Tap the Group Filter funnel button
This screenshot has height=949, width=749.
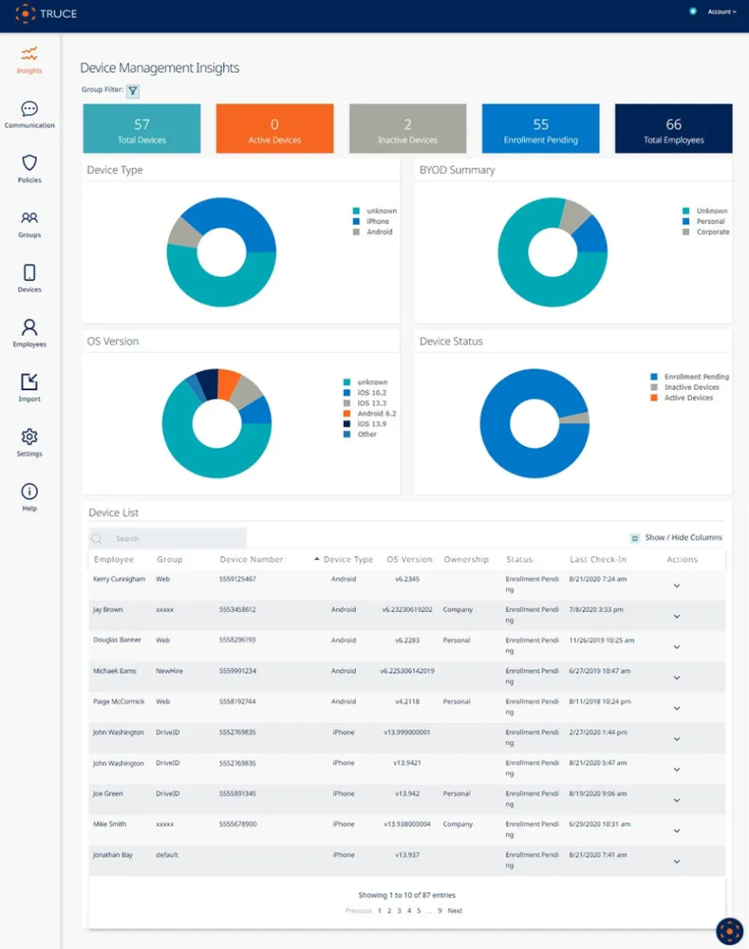[x=133, y=91]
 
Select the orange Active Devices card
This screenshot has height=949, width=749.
[x=274, y=129]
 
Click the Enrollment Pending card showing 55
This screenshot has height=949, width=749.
[x=540, y=129]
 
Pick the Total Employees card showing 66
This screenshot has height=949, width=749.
[x=673, y=129]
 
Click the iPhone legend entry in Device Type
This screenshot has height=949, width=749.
[x=378, y=221]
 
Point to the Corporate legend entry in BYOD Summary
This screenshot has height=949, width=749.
[x=712, y=233]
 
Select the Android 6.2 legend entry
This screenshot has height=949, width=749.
[x=376, y=414]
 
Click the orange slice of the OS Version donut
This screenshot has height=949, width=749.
[x=228, y=383]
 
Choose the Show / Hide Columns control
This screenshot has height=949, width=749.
[x=676, y=538]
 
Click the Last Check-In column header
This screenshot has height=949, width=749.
[x=598, y=560]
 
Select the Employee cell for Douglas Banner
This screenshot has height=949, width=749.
[x=115, y=641]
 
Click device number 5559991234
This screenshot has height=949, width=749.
[x=237, y=671]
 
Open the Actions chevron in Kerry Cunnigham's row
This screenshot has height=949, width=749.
[x=676, y=586]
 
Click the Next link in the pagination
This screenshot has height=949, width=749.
[x=455, y=911]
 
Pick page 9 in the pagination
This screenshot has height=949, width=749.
[x=440, y=911]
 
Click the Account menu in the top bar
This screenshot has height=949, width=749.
[x=720, y=12]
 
